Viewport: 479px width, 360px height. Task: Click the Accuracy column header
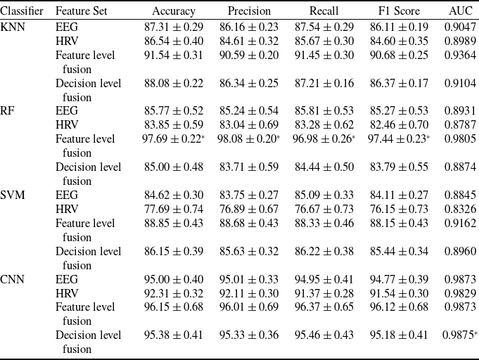[174, 11]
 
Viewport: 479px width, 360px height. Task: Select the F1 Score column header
[399, 11]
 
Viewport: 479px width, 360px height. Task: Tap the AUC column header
[461, 11]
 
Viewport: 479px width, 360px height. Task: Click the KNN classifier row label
[13, 27]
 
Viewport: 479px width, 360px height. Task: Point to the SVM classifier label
[13, 195]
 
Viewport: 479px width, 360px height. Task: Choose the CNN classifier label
[12, 279]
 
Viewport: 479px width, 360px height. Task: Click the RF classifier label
[7, 110]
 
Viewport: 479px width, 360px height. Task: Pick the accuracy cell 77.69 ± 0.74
[174, 209]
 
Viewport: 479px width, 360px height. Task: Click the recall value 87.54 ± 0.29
[324, 27]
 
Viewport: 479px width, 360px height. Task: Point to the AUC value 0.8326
[461, 209]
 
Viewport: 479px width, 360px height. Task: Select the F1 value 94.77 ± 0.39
[399, 279]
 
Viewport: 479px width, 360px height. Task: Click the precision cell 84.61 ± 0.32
[249, 41]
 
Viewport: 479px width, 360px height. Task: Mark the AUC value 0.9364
[461, 56]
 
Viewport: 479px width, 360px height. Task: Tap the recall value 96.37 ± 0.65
[324, 307]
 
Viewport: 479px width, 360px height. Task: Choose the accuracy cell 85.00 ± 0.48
[174, 167]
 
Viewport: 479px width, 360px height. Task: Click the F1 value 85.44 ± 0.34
[399, 251]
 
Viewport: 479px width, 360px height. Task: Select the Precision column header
[249, 11]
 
